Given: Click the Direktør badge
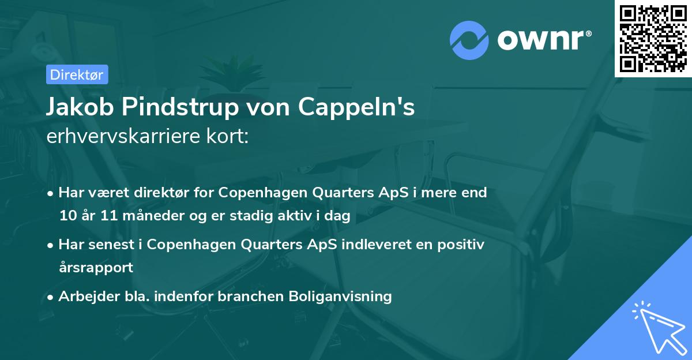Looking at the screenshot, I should point(76,74).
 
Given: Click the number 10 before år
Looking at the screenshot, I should point(67,216).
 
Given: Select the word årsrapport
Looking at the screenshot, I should point(96,268).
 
